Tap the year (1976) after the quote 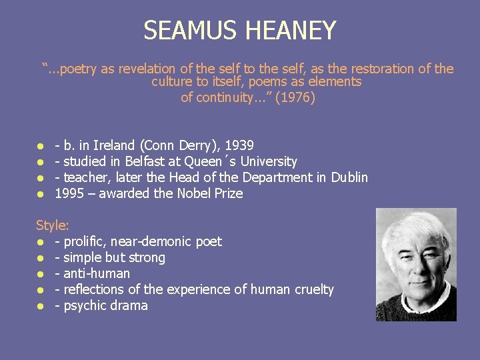coord(295,98)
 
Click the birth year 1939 coord(240,145)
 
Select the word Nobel coord(195,193)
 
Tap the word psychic coord(85,305)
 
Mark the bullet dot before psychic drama coord(41,306)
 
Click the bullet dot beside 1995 coord(41,194)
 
